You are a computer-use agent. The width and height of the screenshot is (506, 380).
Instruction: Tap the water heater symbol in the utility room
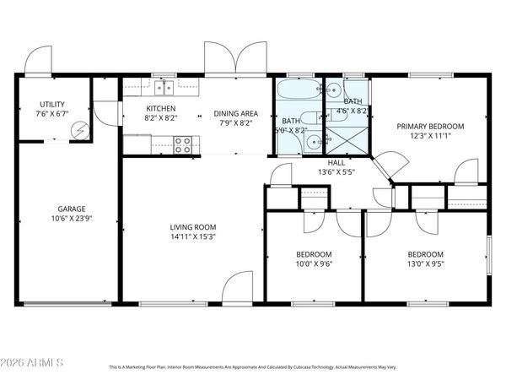click(x=81, y=131)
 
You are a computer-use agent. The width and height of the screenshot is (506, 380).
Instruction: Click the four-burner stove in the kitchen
click(x=183, y=144)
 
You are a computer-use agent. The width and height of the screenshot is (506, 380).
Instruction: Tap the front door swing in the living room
click(x=240, y=287)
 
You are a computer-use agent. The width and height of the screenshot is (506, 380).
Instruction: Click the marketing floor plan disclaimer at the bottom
click(x=252, y=367)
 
